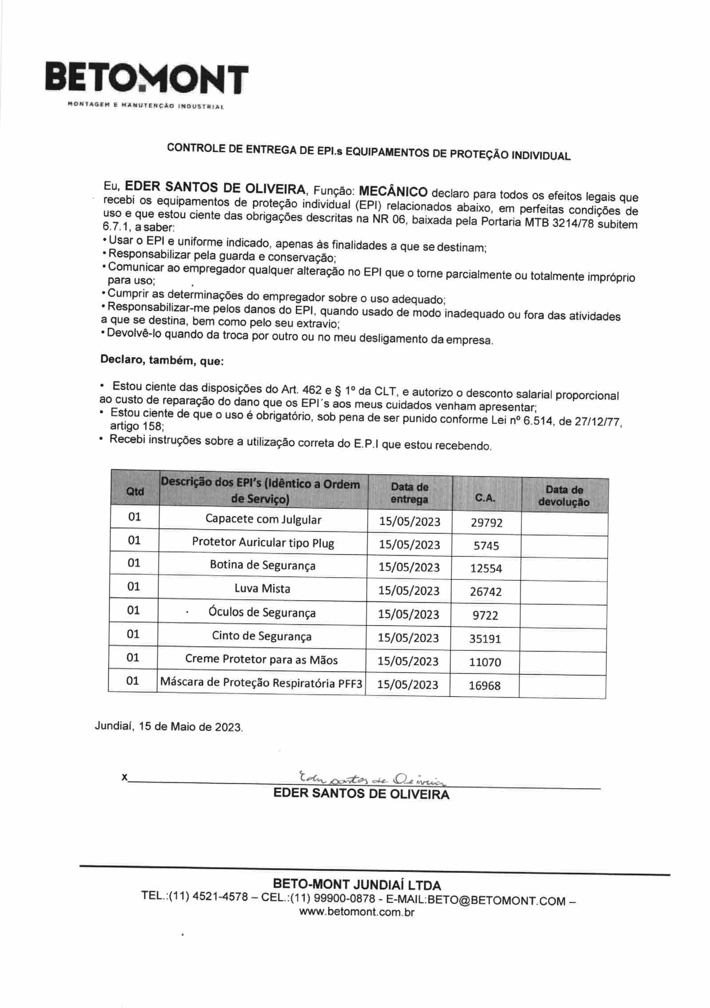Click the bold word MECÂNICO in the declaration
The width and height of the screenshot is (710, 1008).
[x=393, y=192]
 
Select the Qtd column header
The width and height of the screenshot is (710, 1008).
[x=135, y=491]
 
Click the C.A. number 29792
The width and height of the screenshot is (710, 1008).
[x=486, y=523]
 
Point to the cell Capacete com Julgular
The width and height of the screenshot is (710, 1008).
[x=263, y=519]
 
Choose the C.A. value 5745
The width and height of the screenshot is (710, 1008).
[x=486, y=546]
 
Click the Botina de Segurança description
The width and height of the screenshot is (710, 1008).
[x=262, y=565]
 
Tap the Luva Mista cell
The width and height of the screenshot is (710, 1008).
[x=262, y=589]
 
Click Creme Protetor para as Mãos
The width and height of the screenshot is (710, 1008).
[x=261, y=660]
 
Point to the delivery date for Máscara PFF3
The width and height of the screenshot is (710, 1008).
[x=408, y=684]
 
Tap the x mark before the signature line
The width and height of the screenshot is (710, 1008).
[x=124, y=777]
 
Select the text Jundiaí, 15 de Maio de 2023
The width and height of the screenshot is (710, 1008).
[x=169, y=727]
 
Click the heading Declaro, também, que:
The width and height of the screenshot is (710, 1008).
[x=162, y=360]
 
